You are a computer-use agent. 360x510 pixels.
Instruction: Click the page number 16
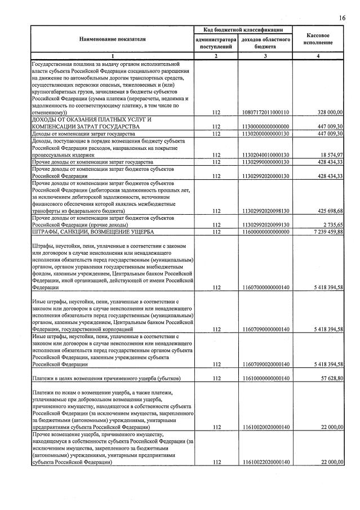point(342,19)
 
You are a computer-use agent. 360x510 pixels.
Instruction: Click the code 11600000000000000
point(265,231)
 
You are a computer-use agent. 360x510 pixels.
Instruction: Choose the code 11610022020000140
point(265,462)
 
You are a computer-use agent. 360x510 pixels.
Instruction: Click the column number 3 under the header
point(265,56)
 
